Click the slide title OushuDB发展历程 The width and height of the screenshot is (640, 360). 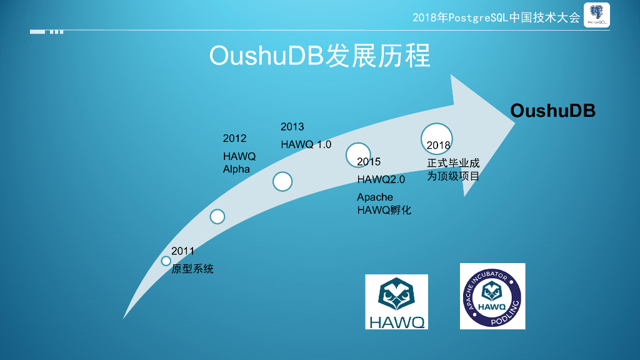[x=319, y=56]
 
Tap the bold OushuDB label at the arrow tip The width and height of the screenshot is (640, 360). [x=552, y=111]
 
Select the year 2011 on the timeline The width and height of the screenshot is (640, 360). [x=183, y=251]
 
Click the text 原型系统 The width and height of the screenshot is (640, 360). [x=192, y=269]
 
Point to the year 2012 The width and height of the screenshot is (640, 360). [x=234, y=138]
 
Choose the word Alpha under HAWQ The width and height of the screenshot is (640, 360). [x=236, y=169]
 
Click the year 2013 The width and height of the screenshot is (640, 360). [x=292, y=127]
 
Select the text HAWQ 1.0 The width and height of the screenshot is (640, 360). [x=306, y=144]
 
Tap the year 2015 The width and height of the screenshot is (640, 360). [x=369, y=162]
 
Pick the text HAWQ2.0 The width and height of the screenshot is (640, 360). [x=381, y=179]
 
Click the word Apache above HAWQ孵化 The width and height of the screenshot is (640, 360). [x=375, y=197]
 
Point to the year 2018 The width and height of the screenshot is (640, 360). [x=438, y=146]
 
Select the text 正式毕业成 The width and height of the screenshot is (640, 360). [x=453, y=163]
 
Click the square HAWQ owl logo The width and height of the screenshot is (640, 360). [x=396, y=301]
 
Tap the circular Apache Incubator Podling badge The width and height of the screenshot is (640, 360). [x=492, y=296]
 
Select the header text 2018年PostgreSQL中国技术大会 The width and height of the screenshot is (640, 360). [x=496, y=17]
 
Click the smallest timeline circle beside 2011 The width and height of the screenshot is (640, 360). [x=166, y=261]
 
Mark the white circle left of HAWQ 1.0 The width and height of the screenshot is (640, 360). [x=282, y=181]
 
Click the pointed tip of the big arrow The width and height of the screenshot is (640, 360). [x=514, y=122]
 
